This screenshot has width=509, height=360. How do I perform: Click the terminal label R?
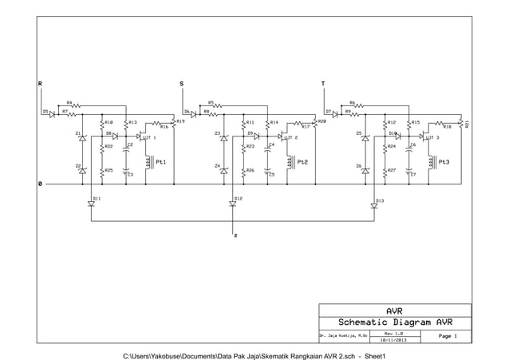pos(41,82)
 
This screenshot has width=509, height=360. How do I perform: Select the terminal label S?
pos(181,82)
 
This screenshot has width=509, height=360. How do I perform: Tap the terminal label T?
pos(322,82)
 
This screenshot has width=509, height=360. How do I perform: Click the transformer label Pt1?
pos(160,162)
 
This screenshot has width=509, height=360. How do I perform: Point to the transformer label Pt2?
pos(302,162)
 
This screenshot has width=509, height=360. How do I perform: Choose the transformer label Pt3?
pos(444,162)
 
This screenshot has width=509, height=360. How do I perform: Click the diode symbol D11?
pos(91,204)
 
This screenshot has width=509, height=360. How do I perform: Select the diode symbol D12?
pos(232,204)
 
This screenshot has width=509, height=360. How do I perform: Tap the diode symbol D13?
pos(373,204)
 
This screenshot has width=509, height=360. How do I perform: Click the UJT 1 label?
pos(148,138)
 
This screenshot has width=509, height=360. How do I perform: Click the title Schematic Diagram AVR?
pos(394,322)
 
